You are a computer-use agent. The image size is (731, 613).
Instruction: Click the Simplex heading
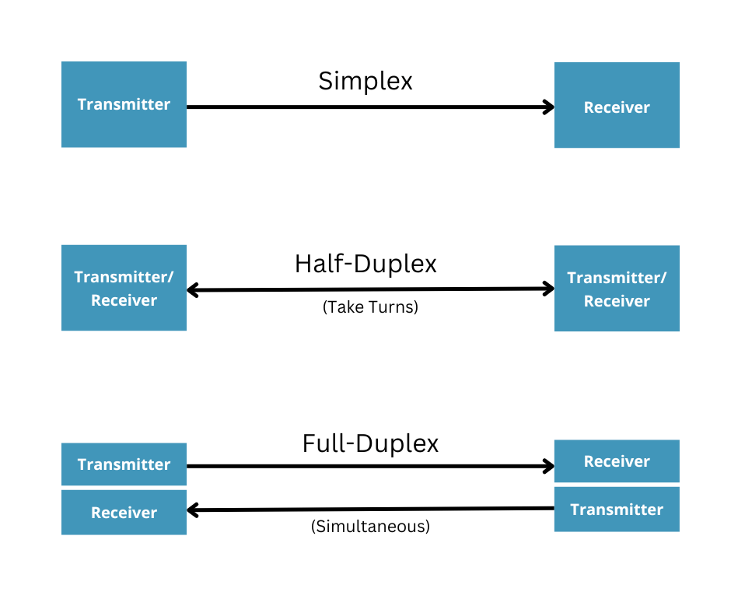click(x=365, y=81)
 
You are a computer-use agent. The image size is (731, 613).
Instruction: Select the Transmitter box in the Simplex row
click(x=124, y=104)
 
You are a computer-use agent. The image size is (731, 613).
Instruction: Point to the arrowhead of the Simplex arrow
click(x=549, y=107)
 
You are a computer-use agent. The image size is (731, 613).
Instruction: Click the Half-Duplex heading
click(x=365, y=264)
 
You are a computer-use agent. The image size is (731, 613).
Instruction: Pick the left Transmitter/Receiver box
click(x=124, y=288)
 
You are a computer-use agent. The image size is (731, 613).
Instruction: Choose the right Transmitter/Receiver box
click(x=617, y=288)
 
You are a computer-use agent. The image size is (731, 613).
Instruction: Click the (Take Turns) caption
click(x=370, y=307)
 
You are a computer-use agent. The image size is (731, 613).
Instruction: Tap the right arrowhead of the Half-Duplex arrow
click(x=549, y=289)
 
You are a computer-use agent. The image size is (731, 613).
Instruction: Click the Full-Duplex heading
click(x=370, y=443)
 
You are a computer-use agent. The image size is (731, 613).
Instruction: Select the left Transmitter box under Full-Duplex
click(x=124, y=464)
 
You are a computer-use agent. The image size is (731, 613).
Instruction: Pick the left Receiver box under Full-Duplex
click(x=124, y=513)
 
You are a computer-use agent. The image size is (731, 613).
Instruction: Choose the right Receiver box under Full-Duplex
click(x=617, y=461)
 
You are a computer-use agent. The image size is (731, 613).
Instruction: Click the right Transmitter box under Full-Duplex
click(x=617, y=510)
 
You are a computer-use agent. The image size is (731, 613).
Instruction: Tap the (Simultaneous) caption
click(x=370, y=527)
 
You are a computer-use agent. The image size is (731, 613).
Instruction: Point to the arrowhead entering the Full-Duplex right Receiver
click(x=549, y=467)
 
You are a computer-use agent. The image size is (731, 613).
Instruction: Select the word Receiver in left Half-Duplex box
click(x=124, y=300)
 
